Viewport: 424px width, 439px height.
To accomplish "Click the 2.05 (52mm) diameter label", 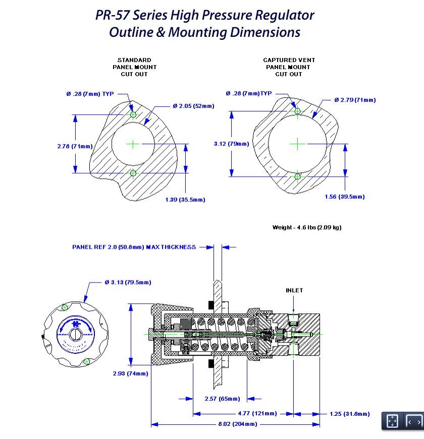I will point(193,106).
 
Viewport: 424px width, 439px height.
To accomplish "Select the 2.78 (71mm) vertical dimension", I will point(75,146).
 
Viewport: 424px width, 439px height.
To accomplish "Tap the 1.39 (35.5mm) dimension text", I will point(185,200).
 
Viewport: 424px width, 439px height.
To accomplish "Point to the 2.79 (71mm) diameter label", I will point(355,100).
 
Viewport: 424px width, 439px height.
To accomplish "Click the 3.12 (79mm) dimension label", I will point(231,144).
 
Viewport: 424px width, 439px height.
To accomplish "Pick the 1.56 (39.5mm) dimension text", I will point(344,197).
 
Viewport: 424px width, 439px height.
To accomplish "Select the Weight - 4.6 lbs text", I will point(306,228).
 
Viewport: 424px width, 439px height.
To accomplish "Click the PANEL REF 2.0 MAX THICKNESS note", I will point(134,247).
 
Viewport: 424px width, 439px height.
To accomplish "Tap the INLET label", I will point(294,291).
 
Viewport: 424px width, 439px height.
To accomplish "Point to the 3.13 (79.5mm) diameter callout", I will point(128,282).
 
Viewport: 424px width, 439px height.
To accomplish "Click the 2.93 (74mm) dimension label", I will point(130,374).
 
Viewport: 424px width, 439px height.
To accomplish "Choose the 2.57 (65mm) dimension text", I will point(222,399).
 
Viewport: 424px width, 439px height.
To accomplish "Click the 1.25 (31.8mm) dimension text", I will point(349,414).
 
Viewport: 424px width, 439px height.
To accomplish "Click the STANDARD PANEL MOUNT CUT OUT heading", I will point(134,67).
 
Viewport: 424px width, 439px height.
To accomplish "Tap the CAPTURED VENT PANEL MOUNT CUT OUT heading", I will point(289,67).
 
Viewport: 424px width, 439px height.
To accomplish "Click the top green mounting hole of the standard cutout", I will point(133,115).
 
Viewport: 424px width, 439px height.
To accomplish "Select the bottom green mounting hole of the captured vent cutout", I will point(297,176).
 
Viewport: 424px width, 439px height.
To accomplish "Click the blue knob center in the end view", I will point(76,333).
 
